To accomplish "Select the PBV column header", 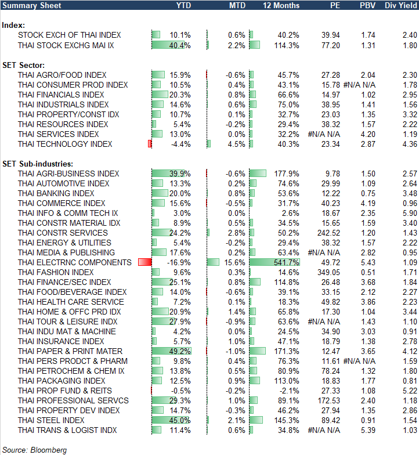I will [x=367, y=6].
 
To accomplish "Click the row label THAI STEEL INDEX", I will [x=51, y=420].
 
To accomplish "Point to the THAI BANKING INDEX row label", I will [x=56, y=193].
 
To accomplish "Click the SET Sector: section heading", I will [x=24, y=65].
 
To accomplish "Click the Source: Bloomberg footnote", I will [x=34, y=450].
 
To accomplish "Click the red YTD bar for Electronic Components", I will [x=145, y=262].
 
